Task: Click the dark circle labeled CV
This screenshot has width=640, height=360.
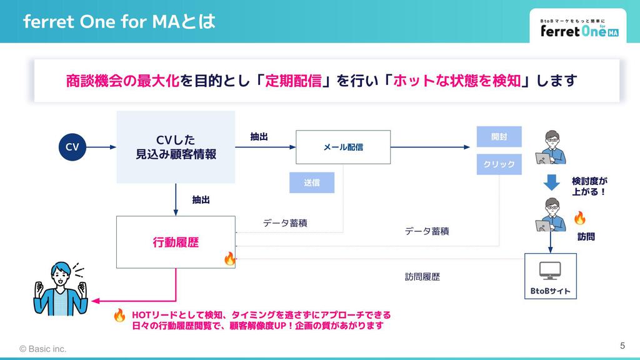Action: pyautogui.click(x=72, y=147)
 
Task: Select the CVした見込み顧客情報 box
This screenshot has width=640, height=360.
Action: pyautogui.click(x=176, y=147)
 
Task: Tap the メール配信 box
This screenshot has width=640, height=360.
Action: pyautogui.click(x=343, y=147)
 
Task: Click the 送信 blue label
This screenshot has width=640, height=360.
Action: pyautogui.click(x=312, y=182)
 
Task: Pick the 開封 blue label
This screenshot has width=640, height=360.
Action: pyautogui.click(x=499, y=136)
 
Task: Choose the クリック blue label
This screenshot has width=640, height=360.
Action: pyautogui.click(x=499, y=164)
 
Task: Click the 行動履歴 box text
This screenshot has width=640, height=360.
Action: pyautogui.click(x=176, y=242)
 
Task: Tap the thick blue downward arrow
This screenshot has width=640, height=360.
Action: pyautogui.click(x=551, y=182)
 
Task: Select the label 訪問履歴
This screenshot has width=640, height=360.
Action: pyautogui.click(x=422, y=276)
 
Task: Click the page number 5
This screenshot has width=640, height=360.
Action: pyautogui.click(x=622, y=346)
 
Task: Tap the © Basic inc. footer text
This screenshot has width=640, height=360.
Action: pyautogui.click(x=42, y=348)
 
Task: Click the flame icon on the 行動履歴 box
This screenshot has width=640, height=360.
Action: pyautogui.click(x=229, y=258)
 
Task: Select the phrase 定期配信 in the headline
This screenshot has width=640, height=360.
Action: pyautogui.click(x=293, y=81)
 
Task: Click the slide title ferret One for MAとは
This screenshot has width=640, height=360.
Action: pyautogui.click(x=119, y=22)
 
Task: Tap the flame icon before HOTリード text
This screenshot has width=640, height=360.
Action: pyautogui.click(x=120, y=315)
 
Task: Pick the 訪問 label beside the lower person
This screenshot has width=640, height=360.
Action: pyautogui.click(x=586, y=237)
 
